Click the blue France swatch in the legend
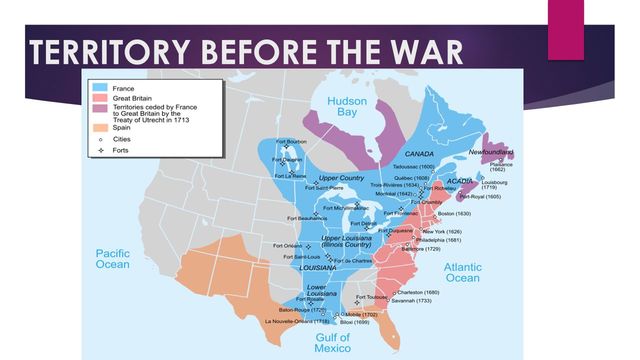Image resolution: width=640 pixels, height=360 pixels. point(101,89)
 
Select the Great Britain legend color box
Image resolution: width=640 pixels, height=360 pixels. point(101,99)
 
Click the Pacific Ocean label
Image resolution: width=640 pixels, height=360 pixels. point(113,259)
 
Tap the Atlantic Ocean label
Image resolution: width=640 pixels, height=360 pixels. point(462,273)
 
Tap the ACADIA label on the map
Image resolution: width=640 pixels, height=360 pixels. point(460,181)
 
